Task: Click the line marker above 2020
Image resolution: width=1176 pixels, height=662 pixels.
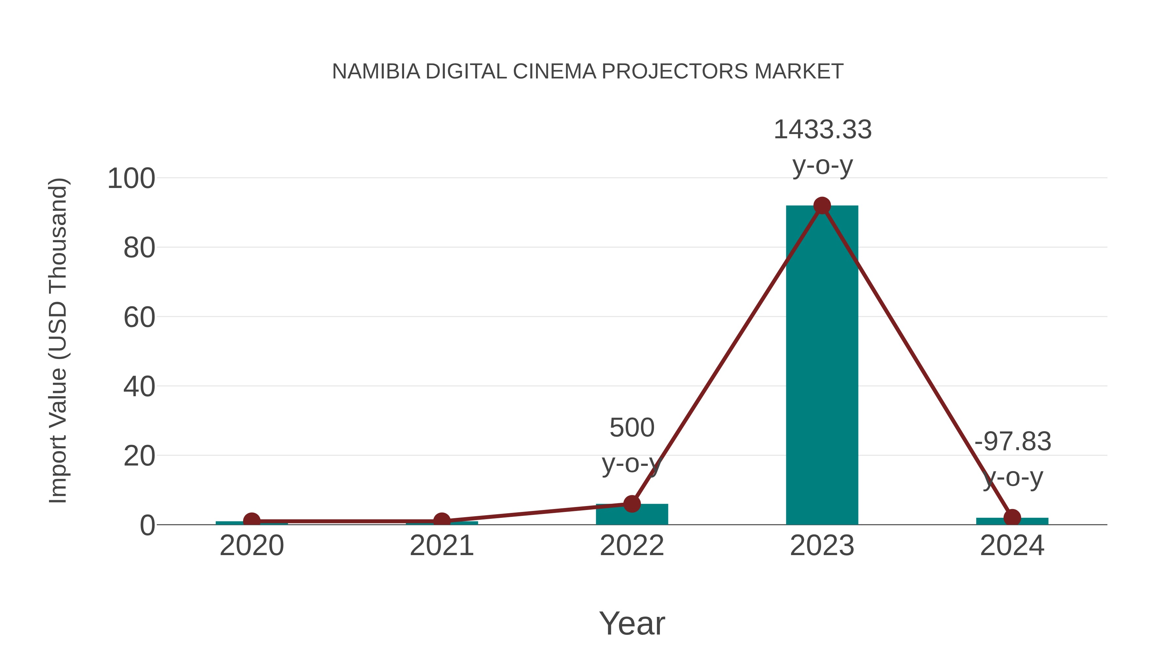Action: (252, 521)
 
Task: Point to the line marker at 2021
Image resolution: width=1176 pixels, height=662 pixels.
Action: (441, 521)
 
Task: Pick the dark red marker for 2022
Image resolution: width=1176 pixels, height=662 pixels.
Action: (632, 503)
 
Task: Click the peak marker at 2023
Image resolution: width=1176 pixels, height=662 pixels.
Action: (822, 206)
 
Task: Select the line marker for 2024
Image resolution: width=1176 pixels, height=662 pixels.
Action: (1012, 518)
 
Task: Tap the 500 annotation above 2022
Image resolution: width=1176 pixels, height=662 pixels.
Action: (632, 428)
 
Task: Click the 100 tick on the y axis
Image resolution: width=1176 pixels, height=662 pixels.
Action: (131, 178)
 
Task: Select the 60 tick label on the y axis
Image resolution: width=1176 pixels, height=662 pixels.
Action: (139, 317)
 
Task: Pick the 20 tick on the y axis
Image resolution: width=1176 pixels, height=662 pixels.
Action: (139, 456)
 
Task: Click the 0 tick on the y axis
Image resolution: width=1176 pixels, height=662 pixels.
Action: (147, 525)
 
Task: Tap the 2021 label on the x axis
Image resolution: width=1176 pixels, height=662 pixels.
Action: (441, 546)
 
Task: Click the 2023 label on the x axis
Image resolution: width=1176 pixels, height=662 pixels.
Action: (822, 546)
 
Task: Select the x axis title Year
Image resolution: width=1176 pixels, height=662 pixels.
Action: (632, 623)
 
